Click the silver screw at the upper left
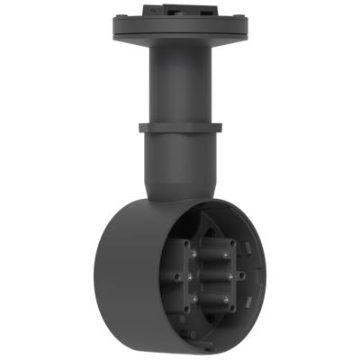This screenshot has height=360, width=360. tap(193, 254)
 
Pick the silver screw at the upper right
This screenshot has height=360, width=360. tap(226, 254)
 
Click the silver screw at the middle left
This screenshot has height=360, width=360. tap(190, 276)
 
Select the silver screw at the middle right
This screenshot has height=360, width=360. tap(229, 276)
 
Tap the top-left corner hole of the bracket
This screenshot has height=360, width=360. tap(186, 243)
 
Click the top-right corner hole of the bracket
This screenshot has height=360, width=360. tap(232, 243)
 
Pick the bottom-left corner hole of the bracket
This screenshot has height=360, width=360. tap(186, 309)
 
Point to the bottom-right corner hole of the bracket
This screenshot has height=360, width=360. tap(232, 309)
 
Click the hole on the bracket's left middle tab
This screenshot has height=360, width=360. tap(176, 276)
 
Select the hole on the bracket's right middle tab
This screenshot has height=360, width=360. tap(241, 275)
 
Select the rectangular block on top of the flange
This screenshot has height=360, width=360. tap(180, 9)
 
